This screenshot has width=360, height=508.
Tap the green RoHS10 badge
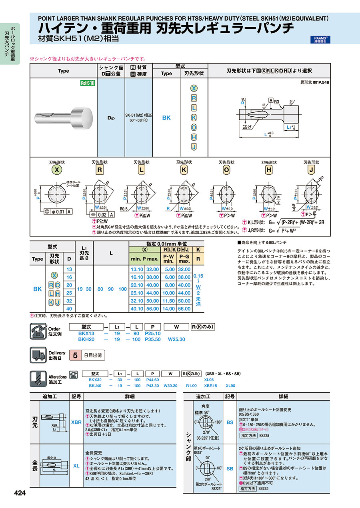coord(88,83)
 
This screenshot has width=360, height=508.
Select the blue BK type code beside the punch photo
coord(166,118)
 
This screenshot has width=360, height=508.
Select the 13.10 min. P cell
coord(137,269)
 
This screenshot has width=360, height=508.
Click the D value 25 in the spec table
coord(69,293)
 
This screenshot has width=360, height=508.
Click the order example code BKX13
coord(86,333)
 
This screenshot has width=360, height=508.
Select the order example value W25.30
coord(176,339)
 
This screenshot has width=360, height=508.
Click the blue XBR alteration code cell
coord(76,422)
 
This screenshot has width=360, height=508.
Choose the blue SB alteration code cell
coord(230,468)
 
